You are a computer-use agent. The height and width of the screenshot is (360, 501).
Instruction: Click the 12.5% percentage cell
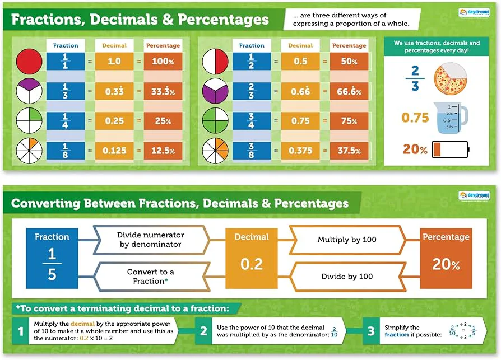point(163,150)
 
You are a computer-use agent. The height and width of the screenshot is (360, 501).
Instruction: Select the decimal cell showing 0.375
point(300,150)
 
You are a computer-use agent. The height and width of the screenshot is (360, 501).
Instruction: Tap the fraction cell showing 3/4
point(251,120)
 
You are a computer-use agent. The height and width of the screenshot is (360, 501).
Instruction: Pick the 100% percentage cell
point(163,61)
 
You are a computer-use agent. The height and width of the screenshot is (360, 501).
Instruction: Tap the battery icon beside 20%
point(452,149)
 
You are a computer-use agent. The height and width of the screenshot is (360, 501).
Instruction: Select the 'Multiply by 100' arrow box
point(347,240)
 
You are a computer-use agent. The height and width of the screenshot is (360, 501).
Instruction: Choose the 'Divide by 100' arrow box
point(347,277)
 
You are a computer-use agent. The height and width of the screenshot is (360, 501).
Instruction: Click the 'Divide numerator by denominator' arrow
point(151,240)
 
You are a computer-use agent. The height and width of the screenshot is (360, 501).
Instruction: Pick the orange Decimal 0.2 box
point(252,258)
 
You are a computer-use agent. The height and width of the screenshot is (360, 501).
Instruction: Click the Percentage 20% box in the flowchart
point(446,258)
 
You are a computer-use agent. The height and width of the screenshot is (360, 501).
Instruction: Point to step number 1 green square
point(21,331)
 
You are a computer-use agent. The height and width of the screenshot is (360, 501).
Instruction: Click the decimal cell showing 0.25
point(114,120)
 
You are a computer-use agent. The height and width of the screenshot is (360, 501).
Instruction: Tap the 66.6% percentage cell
point(349,91)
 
